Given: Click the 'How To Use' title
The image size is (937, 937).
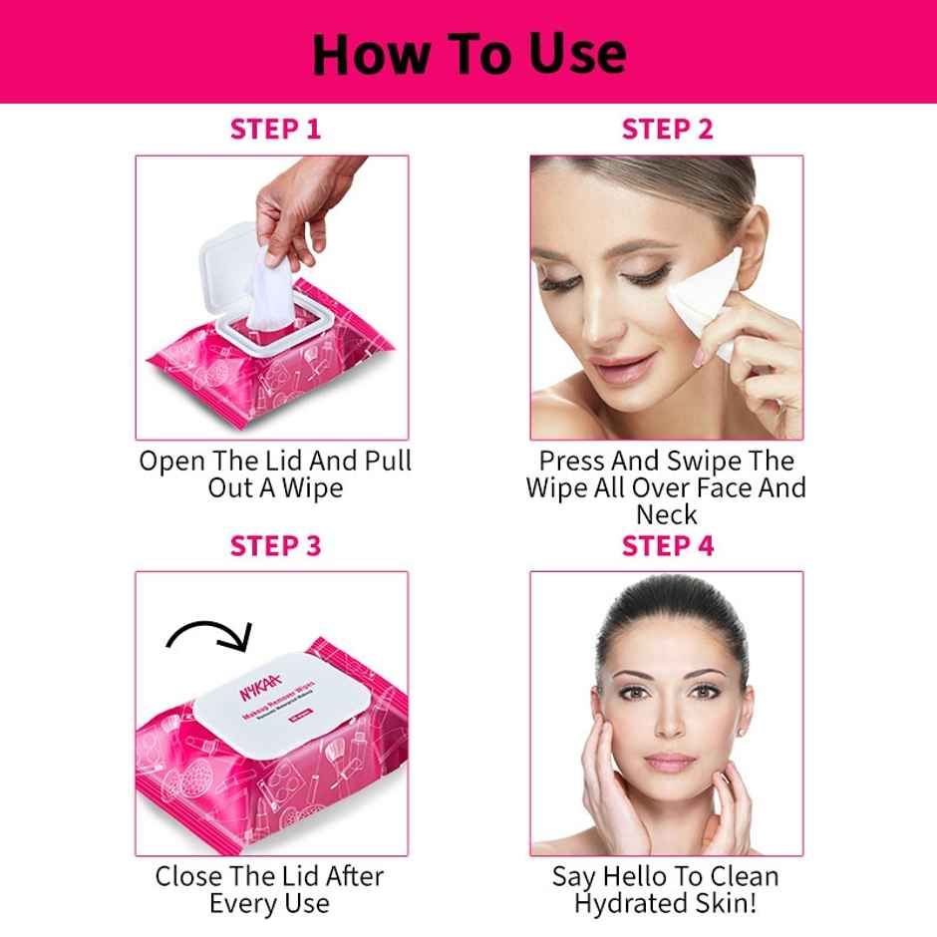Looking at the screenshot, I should coord(468,53).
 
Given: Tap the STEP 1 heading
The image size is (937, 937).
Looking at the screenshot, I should coord(276,129).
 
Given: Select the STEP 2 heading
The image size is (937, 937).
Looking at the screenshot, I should coord(667,129).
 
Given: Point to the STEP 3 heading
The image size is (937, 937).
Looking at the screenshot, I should coord(276,546).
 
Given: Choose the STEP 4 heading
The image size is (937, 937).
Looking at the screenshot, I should coord(667,546).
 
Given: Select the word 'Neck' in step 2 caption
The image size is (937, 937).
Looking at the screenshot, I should coord(667,515).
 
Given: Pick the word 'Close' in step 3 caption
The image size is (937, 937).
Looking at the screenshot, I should coord(188,877).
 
